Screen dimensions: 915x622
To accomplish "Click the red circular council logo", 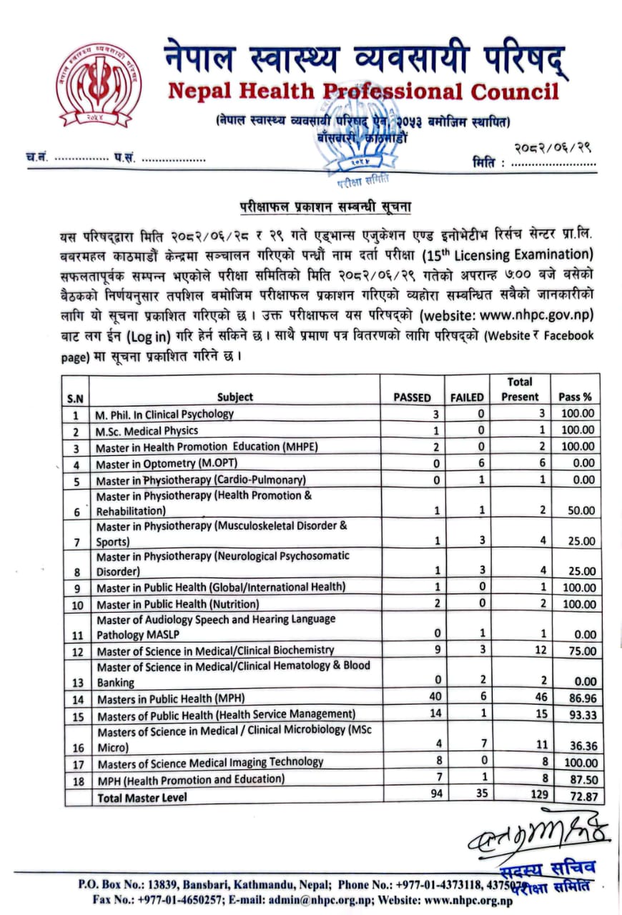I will (99, 87).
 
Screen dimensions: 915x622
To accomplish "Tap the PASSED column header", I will (413, 397).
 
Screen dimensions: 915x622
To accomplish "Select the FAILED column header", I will (467, 397).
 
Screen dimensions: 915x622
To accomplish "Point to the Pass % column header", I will (575, 397).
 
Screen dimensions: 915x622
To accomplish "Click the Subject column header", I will (235, 397).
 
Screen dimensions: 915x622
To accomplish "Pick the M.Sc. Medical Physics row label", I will (147, 430).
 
